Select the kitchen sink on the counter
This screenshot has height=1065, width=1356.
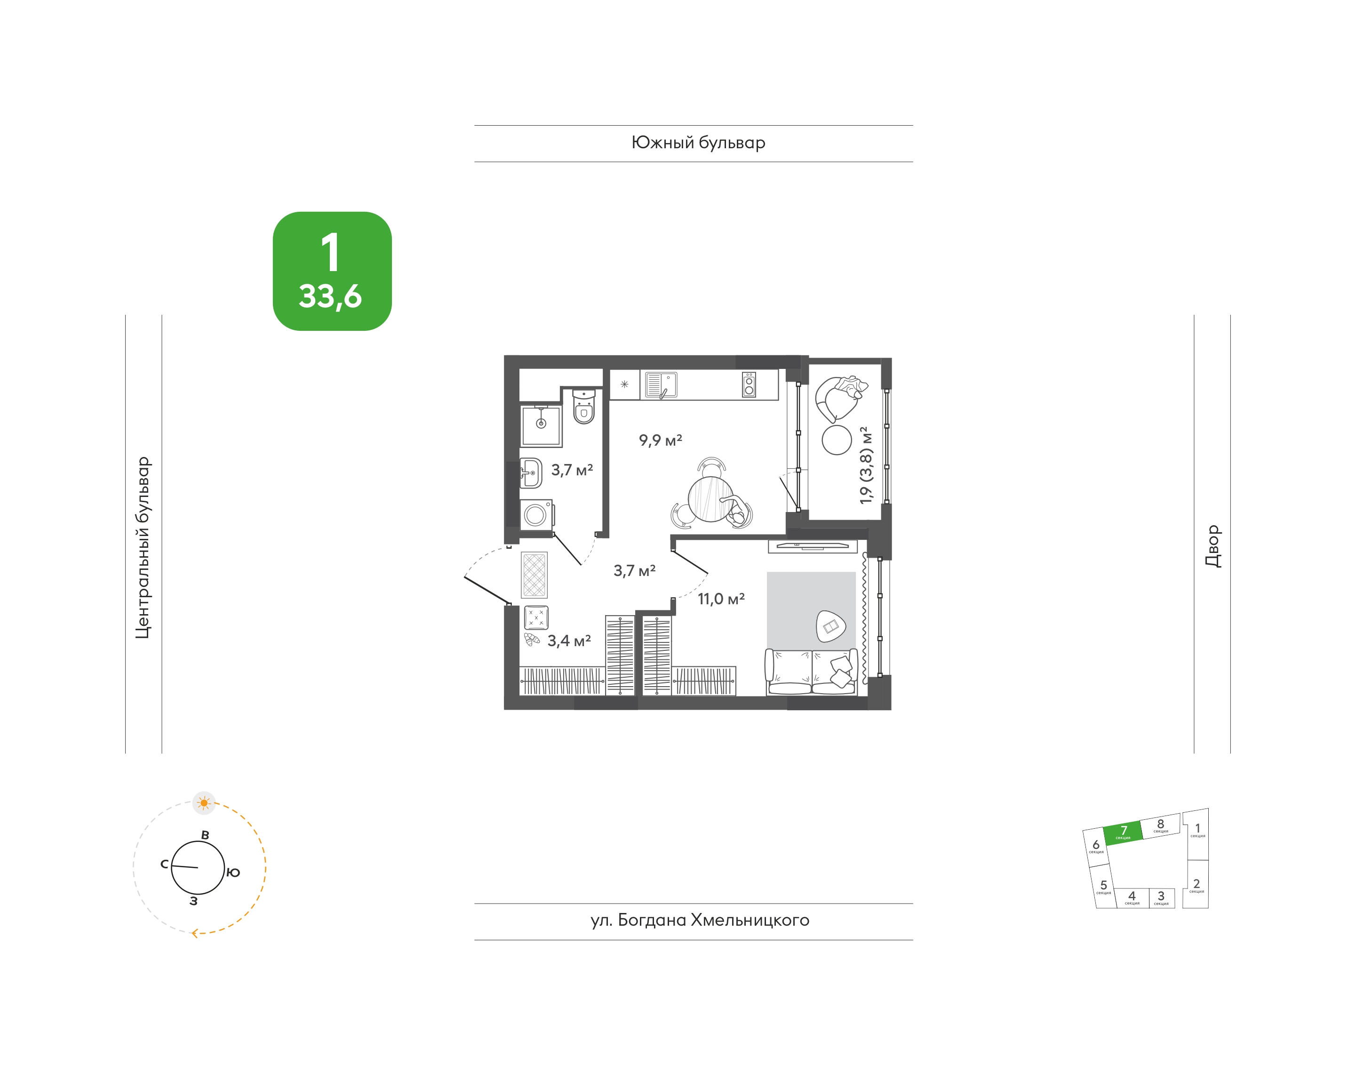pos(661,384)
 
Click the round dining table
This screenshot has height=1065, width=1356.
pos(711,499)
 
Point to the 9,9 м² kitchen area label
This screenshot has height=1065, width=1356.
pos(660,440)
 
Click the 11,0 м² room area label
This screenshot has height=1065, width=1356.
pos(721,599)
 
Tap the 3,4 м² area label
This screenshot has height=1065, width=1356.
pos(568,641)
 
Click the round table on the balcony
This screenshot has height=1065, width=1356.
pos(837,440)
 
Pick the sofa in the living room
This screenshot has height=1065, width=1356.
pos(812,672)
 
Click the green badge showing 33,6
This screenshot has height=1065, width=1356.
pos(332,271)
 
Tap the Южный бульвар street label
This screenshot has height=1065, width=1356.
pos(698,143)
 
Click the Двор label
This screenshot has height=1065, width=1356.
pos(1212,546)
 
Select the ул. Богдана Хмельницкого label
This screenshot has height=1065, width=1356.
pos(700,921)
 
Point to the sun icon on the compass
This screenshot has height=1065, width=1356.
pos(204,803)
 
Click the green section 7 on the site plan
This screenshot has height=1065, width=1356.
pos(1123,833)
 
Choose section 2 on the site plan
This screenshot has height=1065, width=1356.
pos(1196,884)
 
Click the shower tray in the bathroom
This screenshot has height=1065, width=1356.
pos(541,426)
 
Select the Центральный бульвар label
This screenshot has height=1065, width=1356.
pos(143,547)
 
